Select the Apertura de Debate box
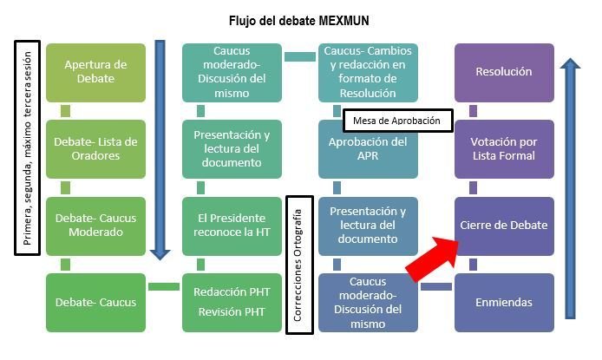coord(95,72)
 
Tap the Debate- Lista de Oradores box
coord(95,148)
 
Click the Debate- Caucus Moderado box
coord(95,226)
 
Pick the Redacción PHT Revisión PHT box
coord(232,302)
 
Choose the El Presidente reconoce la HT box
coord(232,226)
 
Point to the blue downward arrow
coord(159,147)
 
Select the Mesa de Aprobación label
coord(397,121)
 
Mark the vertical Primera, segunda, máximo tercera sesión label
coord(28,147)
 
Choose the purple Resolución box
coord(504,72)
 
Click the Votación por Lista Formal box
coord(504,148)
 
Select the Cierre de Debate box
coord(504,226)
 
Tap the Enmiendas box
coord(504,302)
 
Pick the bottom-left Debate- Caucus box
coord(95,302)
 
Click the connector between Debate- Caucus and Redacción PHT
coord(163,286)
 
